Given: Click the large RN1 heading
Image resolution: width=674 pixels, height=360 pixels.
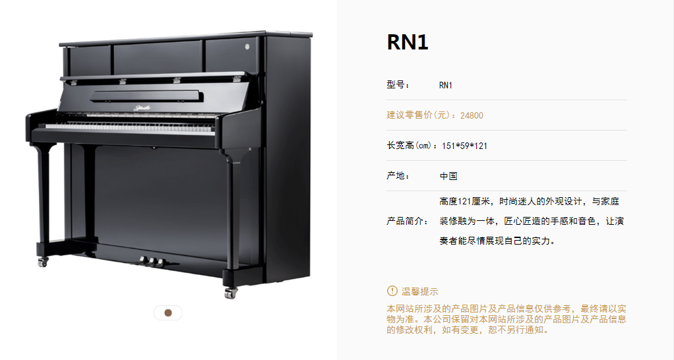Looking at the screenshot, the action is [408, 43].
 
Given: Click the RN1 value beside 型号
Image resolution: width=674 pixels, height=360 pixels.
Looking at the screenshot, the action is [446, 85].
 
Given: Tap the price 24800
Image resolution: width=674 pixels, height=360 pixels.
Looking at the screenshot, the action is [472, 115].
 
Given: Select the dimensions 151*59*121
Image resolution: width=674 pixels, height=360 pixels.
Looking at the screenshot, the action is [465, 146].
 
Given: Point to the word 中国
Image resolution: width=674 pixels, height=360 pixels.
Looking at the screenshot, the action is [448, 176].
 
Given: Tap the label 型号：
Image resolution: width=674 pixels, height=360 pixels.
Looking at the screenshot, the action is [398, 85].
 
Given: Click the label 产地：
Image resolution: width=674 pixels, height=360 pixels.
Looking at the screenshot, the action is [398, 176].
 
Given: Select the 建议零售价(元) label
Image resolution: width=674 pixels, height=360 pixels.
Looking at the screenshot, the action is [421, 115].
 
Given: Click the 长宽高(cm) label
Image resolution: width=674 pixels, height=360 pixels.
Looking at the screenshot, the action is [413, 146].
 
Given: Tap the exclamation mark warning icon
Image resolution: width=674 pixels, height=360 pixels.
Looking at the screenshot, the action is [392, 291].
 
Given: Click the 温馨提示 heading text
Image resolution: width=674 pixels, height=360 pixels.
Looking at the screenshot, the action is [420, 291].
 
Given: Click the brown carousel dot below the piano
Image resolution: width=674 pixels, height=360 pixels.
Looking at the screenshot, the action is [168, 313].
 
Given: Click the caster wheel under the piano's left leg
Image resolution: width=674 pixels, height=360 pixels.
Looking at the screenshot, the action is [43, 262].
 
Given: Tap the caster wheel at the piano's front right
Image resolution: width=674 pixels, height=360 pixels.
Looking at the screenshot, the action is [231, 293].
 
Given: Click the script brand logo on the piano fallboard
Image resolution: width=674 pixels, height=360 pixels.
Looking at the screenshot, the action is [142, 108].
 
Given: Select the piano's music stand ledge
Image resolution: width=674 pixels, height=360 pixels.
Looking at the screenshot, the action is [146, 96].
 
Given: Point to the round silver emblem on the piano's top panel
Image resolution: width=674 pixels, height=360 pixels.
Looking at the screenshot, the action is [247, 46].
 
